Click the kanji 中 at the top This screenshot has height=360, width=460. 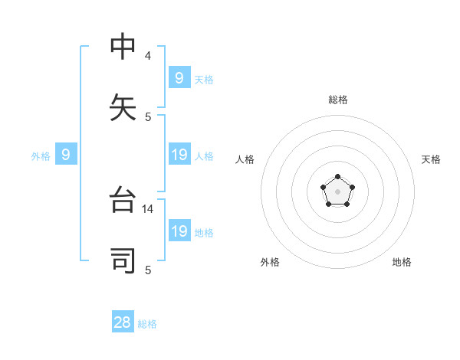[123, 47]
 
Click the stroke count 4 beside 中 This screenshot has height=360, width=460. [147, 56]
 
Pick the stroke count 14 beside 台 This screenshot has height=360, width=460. [149, 208]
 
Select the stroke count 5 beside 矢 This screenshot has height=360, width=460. [148, 117]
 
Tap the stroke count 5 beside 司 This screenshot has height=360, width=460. [148, 270]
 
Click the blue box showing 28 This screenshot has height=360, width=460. [123, 322]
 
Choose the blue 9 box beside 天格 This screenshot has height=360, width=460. [179, 77]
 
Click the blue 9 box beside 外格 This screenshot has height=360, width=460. [66, 155]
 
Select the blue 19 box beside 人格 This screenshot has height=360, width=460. [179, 155]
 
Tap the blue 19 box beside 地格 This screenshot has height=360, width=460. [179, 231]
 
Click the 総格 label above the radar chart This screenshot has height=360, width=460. [338, 100]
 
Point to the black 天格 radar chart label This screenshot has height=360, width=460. [431, 159]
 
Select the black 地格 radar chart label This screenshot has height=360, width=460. [402, 262]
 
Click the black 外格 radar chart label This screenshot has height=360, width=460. [270, 262]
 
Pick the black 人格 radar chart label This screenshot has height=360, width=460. [245, 159]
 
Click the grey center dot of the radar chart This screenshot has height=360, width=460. [337, 191]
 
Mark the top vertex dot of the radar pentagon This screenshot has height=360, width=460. [337, 177]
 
